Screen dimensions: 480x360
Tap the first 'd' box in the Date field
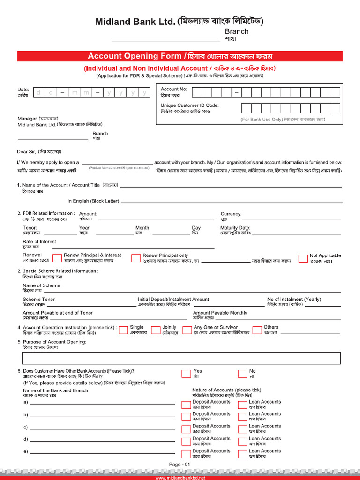tap(38, 92)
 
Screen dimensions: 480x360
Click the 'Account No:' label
tap(173, 89)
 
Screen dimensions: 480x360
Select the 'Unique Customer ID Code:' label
tap(189, 105)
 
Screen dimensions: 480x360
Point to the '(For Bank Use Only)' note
tap(262, 120)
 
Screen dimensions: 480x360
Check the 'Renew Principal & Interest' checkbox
tap(57, 258)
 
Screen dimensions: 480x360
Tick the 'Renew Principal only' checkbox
tap(136, 258)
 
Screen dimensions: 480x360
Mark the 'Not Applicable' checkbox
tap(303, 258)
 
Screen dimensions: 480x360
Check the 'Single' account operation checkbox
tap(123, 330)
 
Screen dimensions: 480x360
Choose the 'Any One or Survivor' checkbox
tap(187, 330)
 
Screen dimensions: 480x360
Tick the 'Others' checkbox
tap(257, 330)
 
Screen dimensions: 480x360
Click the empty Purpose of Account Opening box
tap(181, 358)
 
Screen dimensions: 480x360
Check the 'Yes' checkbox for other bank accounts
tap(186, 374)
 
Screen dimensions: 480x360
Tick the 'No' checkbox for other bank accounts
tap(242, 374)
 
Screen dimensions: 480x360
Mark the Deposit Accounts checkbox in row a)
tap(186, 405)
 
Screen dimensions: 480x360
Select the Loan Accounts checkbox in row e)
tap(242, 454)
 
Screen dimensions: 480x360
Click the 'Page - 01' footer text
tap(180, 464)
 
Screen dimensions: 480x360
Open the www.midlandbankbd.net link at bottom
tap(180, 478)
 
